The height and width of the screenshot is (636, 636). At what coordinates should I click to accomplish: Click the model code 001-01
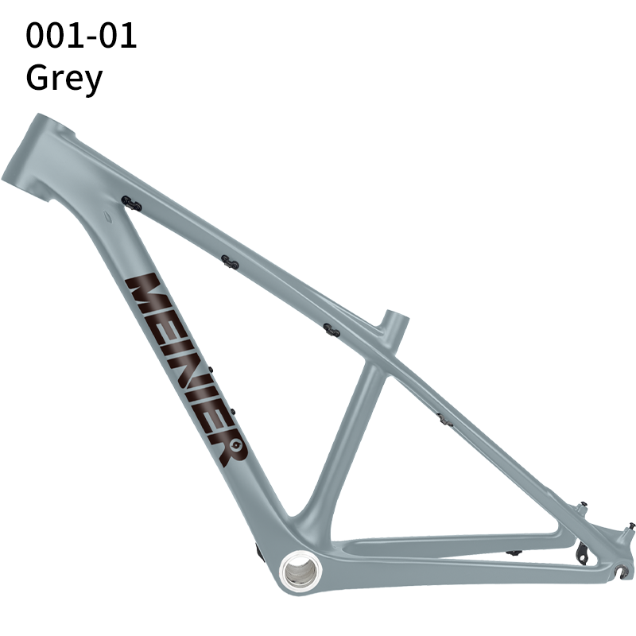[81, 36]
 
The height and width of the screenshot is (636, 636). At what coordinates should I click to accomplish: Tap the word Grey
[64, 78]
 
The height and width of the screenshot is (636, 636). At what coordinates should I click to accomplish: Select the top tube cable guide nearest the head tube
[132, 205]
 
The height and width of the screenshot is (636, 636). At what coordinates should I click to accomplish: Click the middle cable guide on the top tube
[230, 262]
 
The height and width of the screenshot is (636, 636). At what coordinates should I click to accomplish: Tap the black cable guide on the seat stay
[444, 418]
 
